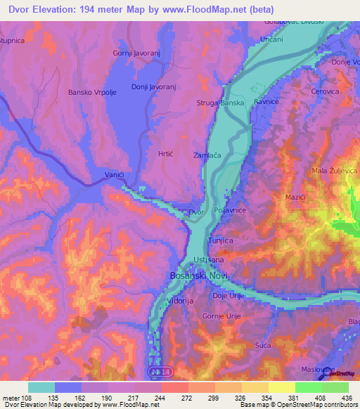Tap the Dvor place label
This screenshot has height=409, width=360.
(x=197, y=212)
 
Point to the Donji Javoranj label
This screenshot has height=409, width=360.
(x=153, y=87)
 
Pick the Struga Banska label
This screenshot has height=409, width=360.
(x=220, y=103)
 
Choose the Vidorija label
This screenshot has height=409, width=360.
(x=180, y=301)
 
